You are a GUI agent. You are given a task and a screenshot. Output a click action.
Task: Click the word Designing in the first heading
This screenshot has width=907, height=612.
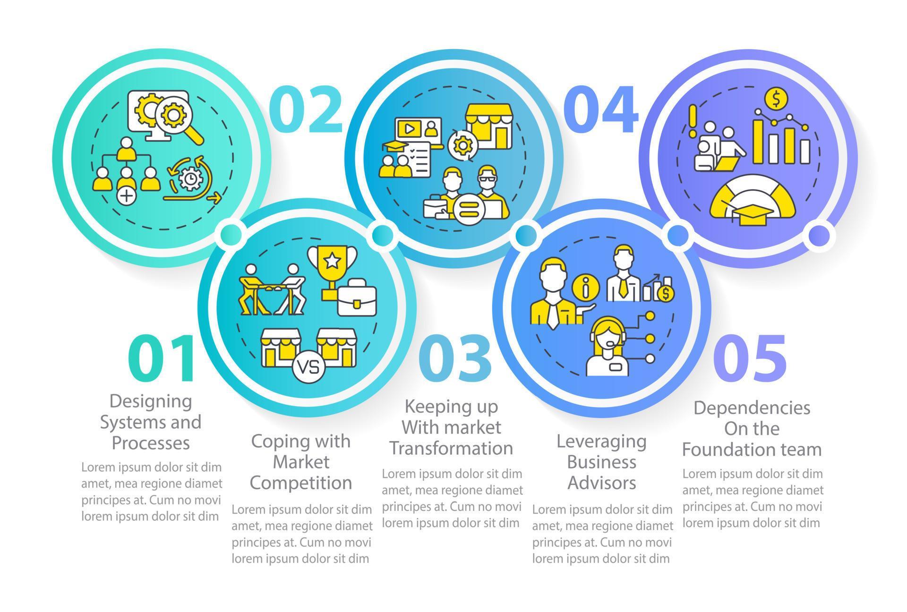[x=151, y=401]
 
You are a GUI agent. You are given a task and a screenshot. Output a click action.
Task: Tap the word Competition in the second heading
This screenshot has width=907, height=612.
[x=301, y=483]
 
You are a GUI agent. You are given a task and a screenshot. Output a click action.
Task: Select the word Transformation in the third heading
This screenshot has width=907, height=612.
[x=451, y=448]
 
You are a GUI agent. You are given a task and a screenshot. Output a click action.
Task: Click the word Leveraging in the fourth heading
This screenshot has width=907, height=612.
[x=601, y=441]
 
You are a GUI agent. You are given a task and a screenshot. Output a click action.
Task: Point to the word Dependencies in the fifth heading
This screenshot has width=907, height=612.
[x=752, y=408]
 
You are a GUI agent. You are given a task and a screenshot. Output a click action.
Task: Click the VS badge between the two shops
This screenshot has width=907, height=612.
[x=309, y=366]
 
